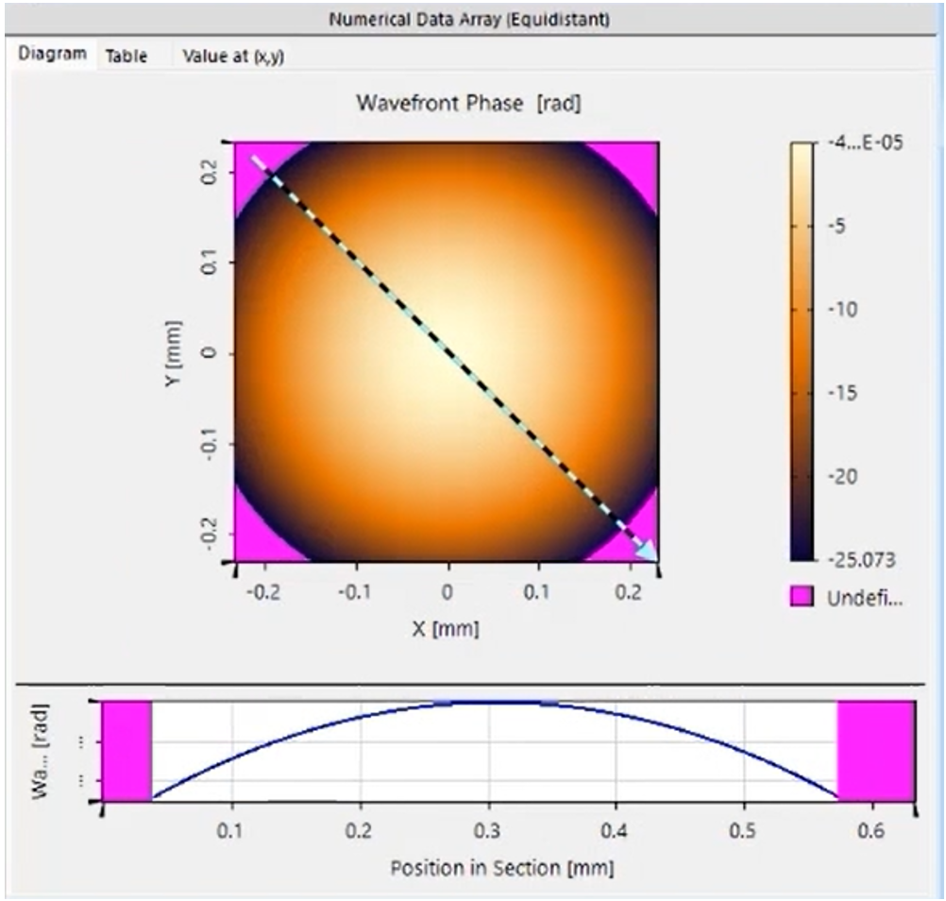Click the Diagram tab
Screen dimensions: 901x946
[x=54, y=55]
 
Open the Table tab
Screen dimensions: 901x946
[x=127, y=56]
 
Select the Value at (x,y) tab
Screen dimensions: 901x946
[x=233, y=56]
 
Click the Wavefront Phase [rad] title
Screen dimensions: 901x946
[x=468, y=103]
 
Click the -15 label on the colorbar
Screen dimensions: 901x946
[x=844, y=393]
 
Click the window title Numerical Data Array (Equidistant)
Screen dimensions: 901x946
[x=469, y=19]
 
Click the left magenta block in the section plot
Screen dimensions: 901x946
[x=127, y=750]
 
